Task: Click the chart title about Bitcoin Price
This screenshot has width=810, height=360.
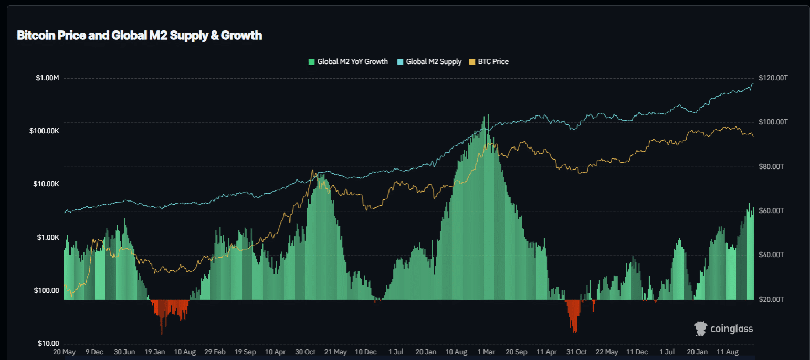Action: pos(139,36)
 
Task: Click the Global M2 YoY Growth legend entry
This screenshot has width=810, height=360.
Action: pos(352,62)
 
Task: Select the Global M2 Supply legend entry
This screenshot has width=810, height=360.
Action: pos(434,62)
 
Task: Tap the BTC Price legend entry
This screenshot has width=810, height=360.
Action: pos(493,62)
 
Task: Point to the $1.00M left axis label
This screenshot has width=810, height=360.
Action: pos(47,78)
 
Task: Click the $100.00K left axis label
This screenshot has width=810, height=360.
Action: pos(44,131)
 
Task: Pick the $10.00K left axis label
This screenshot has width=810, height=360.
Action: pos(46,184)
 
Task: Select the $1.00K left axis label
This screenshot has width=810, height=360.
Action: pos(47,237)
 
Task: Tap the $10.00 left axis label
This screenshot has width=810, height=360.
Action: pos(49,343)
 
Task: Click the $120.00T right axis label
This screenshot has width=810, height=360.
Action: pos(773,78)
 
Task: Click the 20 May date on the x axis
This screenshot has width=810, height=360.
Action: pos(64,352)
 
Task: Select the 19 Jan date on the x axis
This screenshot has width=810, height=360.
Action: pos(155,352)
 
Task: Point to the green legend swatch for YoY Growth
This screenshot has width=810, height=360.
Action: pos(311,62)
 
